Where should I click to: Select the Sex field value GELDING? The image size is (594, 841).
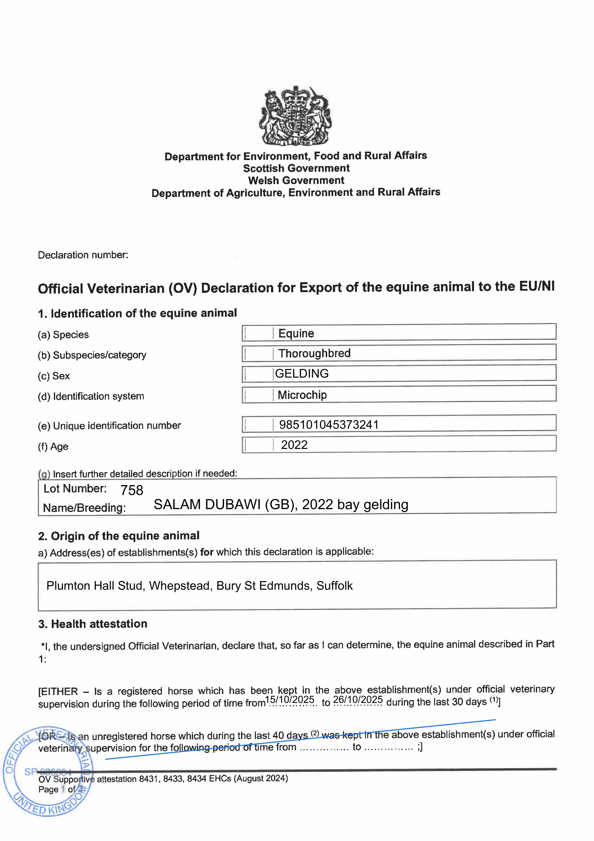click(x=302, y=374)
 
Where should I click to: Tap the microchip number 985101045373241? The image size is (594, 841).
click(x=329, y=425)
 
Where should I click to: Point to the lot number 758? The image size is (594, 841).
click(x=132, y=490)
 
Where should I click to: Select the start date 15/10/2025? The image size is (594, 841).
click(x=290, y=700)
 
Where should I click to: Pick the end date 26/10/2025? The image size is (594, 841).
click(x=358, y=700)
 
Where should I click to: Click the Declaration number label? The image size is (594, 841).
click(x=83, y=255)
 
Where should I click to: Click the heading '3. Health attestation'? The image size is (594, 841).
click(x=93, y=624)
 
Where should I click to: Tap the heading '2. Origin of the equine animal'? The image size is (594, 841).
click(x=119, y=536)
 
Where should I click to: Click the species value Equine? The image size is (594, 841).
click(x=296, y=333)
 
